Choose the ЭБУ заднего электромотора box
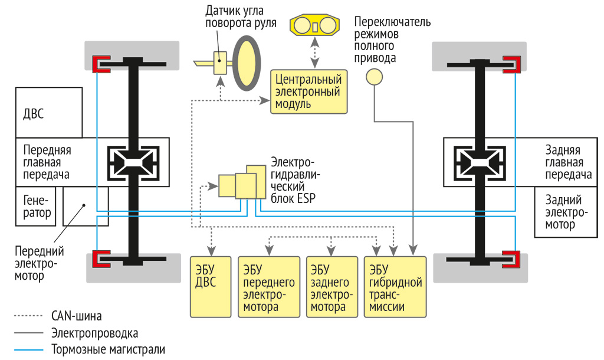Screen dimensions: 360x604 click(x=332, y=286)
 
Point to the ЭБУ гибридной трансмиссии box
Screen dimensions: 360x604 click(x=395, y=286)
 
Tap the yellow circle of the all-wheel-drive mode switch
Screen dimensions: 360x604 click(x=374, y=77)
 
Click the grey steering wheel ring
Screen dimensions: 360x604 click(x=247, y=62)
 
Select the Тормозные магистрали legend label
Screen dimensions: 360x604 click(x=108, y=348)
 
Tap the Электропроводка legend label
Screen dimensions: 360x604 click(x=94, y=332)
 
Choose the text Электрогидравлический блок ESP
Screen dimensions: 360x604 click(x=293, y=180)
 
